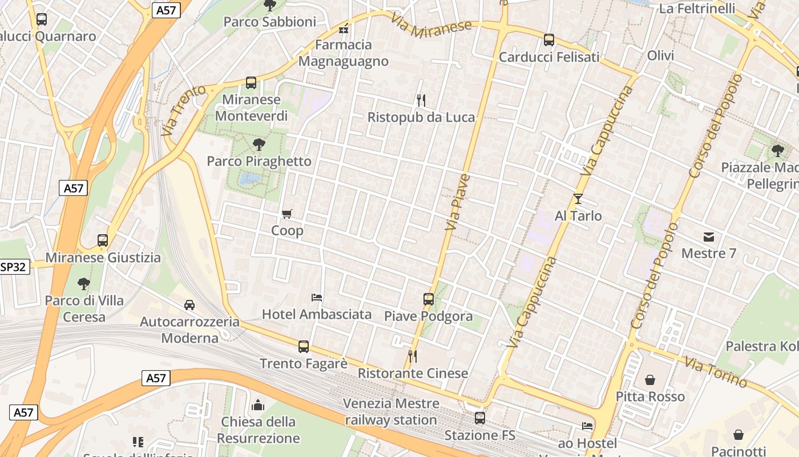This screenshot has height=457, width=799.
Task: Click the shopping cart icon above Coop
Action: click(287, 214)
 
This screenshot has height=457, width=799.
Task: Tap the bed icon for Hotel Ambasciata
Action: click(317, 297)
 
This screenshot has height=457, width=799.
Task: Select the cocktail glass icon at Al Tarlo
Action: click(578, 199)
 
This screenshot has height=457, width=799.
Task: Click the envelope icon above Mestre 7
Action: click(709, 236)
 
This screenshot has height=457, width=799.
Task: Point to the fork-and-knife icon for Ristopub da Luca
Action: click(421, 101)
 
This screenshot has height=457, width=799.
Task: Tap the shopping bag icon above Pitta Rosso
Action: click(650, 380)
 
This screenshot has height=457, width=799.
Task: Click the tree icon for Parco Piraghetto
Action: click(259, 144)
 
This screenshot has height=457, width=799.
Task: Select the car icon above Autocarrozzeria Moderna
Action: click(189, 305)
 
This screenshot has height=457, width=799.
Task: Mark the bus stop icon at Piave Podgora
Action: click(429, 299)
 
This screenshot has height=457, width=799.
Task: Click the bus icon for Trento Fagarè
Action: click(304, 346)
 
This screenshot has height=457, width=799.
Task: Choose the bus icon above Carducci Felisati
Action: click(549, 40)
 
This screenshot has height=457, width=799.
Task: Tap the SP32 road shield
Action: click(14, 267)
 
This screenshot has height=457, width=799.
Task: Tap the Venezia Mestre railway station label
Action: click(392, 411)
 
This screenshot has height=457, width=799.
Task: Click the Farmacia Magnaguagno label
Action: click(344, 53)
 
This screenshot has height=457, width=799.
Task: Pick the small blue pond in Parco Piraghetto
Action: click(249, 179)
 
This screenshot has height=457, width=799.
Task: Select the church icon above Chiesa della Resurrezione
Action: click(258, 405)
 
